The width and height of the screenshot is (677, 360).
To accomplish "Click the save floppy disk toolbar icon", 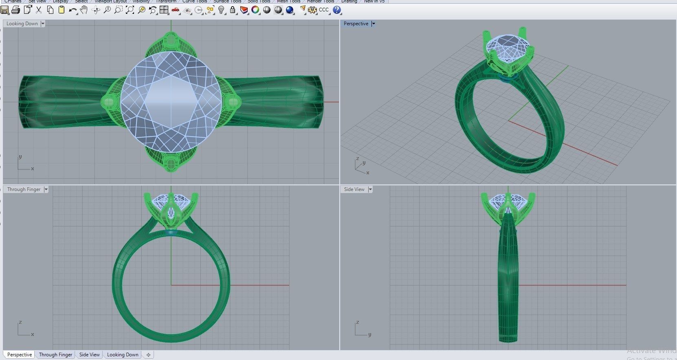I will pos(5,10).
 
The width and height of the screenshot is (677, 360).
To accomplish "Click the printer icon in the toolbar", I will pos(16,10).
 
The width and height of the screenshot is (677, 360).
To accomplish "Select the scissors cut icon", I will pos(39,10).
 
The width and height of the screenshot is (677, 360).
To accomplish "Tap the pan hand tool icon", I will pos(84,10).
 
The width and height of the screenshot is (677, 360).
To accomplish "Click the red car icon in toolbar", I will pos(176,10).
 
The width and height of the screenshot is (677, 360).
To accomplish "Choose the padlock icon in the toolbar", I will pos(233,10).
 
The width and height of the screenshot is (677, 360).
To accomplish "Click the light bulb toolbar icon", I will pos(221,10).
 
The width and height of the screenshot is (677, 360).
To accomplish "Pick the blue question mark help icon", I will pos(337,10).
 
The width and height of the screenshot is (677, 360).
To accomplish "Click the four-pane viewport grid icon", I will pos(164,10).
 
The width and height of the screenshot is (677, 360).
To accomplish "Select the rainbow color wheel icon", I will pos(255,10).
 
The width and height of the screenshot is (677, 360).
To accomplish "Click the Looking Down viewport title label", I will pos(22,24).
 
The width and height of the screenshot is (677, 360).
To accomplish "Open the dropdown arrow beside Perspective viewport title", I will pos(374,24).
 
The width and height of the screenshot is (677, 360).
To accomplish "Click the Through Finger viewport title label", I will pos(24,189).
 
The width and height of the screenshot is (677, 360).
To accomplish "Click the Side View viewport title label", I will pos(354,189).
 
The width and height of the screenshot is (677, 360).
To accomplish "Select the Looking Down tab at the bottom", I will pos(123,355).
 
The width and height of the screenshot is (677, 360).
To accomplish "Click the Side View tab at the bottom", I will pos(89,355).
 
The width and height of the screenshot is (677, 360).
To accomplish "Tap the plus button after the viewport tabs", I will pos(148,355).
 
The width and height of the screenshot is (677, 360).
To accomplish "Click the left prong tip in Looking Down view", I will pos(109,102).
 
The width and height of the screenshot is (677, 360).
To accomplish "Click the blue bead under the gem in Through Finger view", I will pos(171,233).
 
